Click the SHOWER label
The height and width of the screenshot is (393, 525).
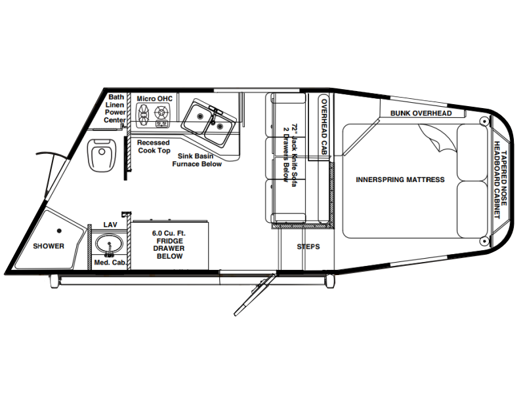pyautogui.click(x=49, y=246)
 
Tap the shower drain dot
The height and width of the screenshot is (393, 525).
pyautogui.click(x=59, y=231)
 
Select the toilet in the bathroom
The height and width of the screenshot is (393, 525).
pyautogui.click(x=102, y=155)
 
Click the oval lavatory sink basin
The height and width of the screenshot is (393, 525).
pyautogui.click(x=109, y=244)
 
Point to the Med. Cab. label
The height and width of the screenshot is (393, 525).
pyautogui.click(x=110, y=263)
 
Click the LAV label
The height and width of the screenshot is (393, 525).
pyautogui.click(x=110, y=225)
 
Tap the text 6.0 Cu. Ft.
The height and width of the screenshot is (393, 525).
pyautogui.click(x=169, y=233)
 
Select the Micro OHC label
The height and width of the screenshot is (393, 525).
pyautogui.click(x=155, y=99)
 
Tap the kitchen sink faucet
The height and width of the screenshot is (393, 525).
pyautogui.click(x=213, y=115)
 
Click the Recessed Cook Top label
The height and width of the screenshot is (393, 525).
pyautogui.click(x=154, y=147)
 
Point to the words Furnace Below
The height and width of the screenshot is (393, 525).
pyautogui.click(x=197, y=164)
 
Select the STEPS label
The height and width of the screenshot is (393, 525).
pyautogui.click(x=308, y=247)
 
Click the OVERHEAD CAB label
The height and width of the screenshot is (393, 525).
pyautogui.click(x=324, y=126)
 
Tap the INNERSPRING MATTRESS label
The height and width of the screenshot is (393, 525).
pyautogui.click(x=400, y=179)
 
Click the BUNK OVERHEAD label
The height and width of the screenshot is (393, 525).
pyautogui.click(x=421, y=113)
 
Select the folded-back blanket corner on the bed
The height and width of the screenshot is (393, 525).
pyautogui.click(x=438, y=138)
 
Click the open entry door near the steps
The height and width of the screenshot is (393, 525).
pyautogui.click(x=255, y=295)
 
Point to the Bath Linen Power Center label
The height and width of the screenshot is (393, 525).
pyautogui.click(x=115, y=109)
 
